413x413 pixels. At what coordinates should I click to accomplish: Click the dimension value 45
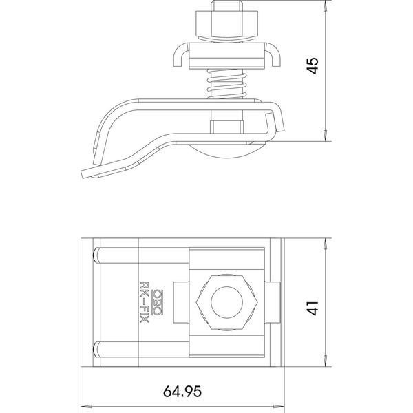coord(313,66)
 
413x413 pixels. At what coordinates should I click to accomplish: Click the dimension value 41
coord(313,308)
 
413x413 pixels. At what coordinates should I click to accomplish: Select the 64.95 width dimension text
coord(182,392)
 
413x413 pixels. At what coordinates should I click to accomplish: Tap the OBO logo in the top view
coord(158,302)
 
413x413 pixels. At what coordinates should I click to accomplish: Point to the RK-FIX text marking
coord(145,302)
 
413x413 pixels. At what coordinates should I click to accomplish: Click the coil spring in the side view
coord(226,84)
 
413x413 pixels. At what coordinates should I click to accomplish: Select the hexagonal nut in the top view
coord(226,302)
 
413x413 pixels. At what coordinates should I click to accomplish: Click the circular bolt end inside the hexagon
coord(226,302)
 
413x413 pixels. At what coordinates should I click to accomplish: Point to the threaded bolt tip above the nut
coord(226,6)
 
